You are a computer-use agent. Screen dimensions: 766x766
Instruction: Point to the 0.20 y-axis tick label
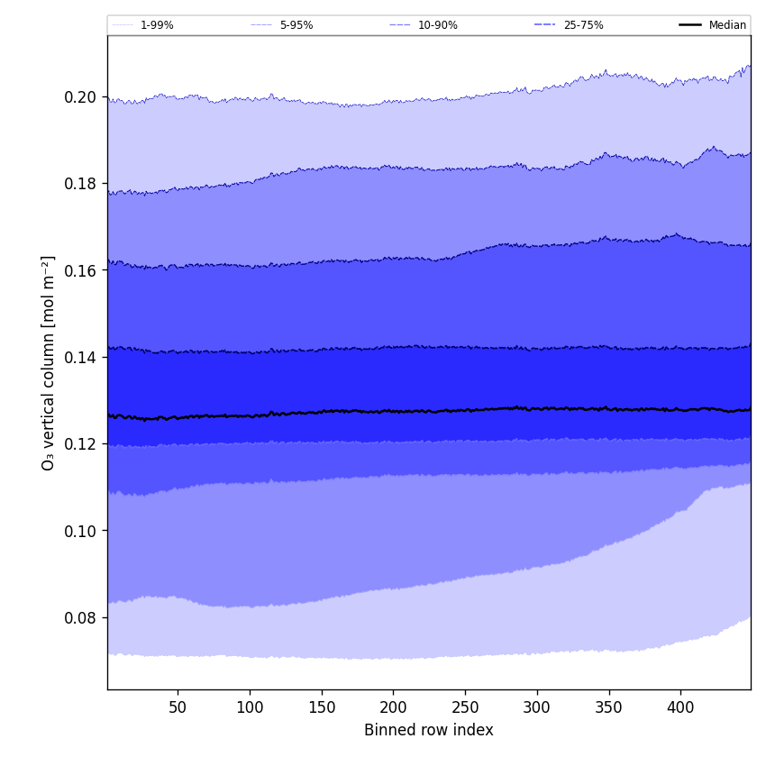pyautogui.click(x=79, y=97)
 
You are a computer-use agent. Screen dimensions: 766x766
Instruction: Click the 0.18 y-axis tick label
pyautogui.click(x=79, y=184)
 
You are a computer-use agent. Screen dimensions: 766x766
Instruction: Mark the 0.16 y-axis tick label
pyautogui.click(x=79, y=270)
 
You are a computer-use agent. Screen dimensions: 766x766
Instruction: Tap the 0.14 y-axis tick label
pyautogui.click(x=79, y=358)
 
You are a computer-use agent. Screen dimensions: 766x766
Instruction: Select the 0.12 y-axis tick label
pyautogui.click(x=79, y=444)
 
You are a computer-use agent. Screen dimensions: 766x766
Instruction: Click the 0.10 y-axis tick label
pyautogui.click(x=79, y=531)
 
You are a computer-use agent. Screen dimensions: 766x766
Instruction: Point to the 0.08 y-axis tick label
pyautogui.click(x=79, y=617)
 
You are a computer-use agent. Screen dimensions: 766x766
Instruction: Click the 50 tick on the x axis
pyautogui.click(x=178, y=707)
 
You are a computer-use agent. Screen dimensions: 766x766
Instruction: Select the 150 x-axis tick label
pyautogui.click(x=322, y=707)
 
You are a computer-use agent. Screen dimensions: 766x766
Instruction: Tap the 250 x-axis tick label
pyautogui.click(x=465, y=707)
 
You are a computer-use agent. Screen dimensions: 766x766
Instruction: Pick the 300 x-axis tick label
pyautogui.click(x=537, y=707)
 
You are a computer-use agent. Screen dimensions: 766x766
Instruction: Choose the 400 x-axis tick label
pyautogui.click(x=680, y=707)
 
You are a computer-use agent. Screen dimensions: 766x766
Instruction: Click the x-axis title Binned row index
pyautogui.click(x=429, y=730)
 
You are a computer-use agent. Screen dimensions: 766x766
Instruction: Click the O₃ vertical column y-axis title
pyautogui.click(x=48, y=362)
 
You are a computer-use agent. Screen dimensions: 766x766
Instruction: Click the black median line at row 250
pyautogui.click(x=465, y=410)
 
